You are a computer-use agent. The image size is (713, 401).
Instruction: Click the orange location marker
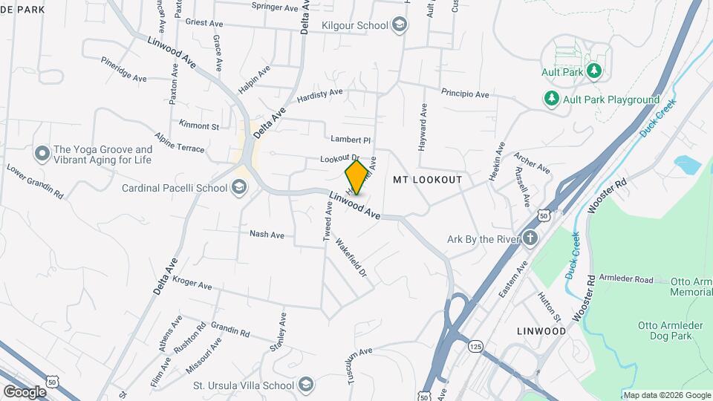pyautogui.click(x=356, y=177)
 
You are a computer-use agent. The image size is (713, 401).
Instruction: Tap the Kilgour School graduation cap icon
pyautogui.click(x=400, y=26)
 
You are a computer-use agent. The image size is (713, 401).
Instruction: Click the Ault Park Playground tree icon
pyautogui.click(x=551, y=99)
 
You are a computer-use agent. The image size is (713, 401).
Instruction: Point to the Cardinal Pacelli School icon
pyautogui.click(x=239, y=188)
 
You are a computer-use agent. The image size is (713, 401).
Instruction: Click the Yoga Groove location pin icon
pyautogui.click(x=42, y=154)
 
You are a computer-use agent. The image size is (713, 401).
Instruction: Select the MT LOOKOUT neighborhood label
pyautogui.click(x=427, y=180)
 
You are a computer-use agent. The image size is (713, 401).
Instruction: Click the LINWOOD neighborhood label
pyautogui.click(x=541, y=330)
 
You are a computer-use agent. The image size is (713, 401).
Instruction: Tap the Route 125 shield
pyautogui.click(x=475, y=345)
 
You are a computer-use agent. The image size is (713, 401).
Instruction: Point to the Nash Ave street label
pyautogui.click(x=267, y=234)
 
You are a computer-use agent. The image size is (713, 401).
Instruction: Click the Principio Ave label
pyautogui.click(x=465, y=94)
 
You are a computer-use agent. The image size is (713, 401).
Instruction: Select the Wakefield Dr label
pyautogui.click(x=351, y=257)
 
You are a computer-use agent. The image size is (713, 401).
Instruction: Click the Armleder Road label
pyautogui.click(x=626, y=279)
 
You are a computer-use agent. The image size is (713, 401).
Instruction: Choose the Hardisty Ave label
pyautogui.click(x=320, y=94)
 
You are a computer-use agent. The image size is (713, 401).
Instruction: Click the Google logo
pyautogui.click(x=25, y=391)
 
